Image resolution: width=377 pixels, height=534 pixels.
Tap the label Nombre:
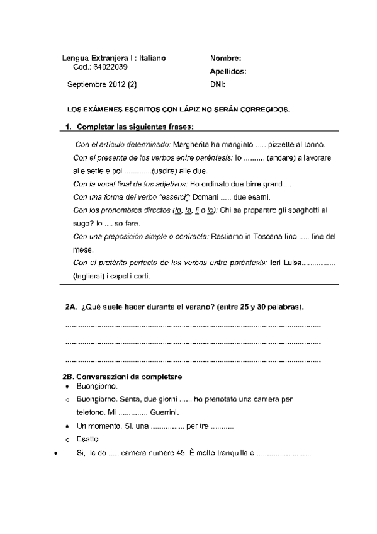[226, 58]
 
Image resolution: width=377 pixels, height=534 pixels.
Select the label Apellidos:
[228, 72]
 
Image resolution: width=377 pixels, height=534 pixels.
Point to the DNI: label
[218, 84]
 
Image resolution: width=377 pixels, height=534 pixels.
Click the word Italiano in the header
[150, 58]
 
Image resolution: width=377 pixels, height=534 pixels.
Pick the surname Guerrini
[166, 412]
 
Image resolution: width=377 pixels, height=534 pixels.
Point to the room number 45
[181, 453]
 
